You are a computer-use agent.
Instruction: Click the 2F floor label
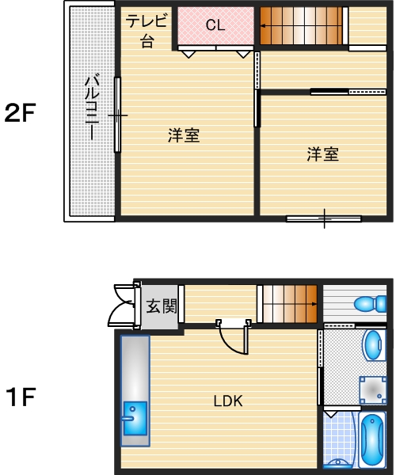21,114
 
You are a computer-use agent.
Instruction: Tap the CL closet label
215,25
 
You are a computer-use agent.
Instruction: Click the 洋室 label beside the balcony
183,135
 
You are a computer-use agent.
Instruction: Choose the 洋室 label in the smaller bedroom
323,154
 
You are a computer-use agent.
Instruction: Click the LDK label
227,401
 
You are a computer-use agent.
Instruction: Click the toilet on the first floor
370,304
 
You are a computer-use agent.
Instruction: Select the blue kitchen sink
135,417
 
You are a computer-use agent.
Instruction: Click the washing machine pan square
371,389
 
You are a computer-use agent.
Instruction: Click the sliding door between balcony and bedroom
117,115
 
